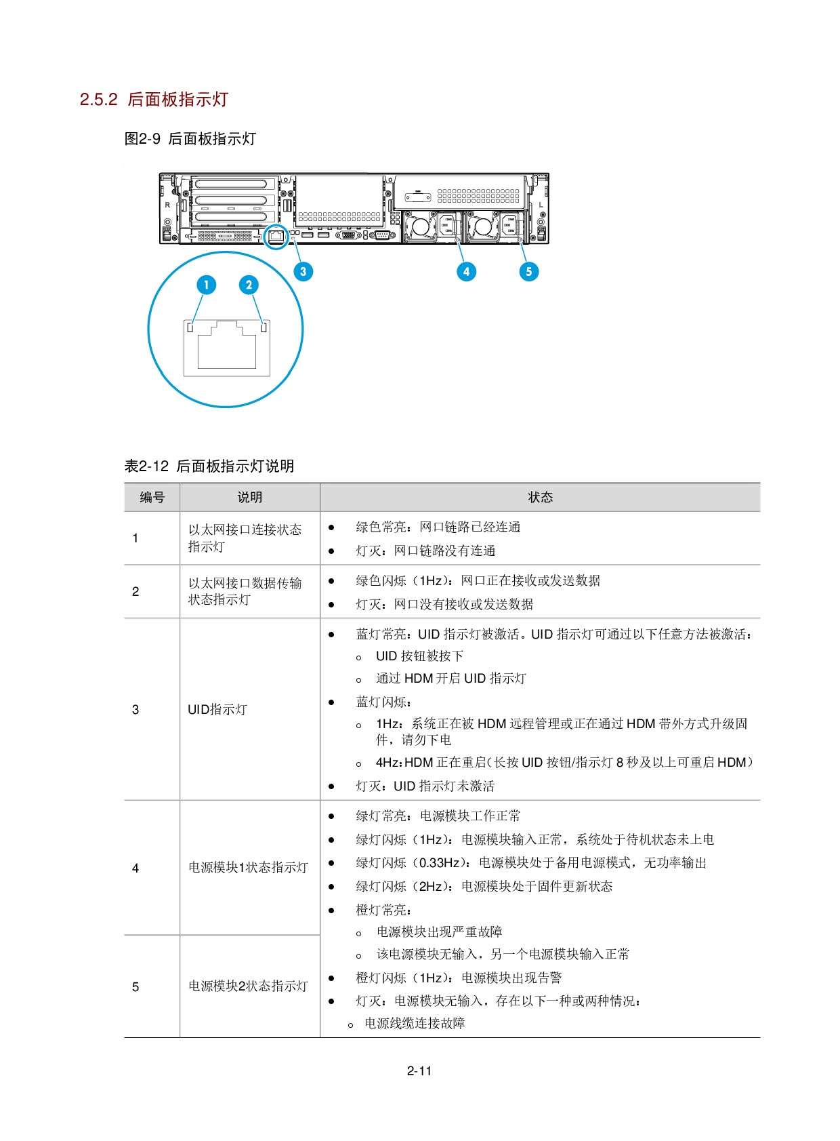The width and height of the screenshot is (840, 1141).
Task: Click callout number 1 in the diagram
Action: click(207, 285)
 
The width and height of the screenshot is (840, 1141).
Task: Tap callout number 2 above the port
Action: click(249, 285)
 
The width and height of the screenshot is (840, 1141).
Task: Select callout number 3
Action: click(303, 272)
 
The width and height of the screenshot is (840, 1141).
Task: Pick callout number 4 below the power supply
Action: click(466, 272)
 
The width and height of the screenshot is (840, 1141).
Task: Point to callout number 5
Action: click(529, 272)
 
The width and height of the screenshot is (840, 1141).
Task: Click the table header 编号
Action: click(152, 498)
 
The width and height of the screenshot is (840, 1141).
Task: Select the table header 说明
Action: click(250, 498)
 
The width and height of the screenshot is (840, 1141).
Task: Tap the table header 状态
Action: click(540, 498)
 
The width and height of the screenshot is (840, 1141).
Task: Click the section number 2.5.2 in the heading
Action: click(99, 100)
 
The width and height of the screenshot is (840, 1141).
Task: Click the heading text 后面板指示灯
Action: click(177, 100)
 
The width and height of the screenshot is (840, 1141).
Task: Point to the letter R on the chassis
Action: click(167, 205)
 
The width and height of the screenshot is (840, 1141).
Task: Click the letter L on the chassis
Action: click(541, 205)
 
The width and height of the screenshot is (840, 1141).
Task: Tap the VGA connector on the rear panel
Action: click(348, 235)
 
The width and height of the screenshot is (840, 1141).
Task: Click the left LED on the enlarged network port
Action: click(190, 328)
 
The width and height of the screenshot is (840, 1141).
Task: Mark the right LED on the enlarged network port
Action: click(264, 328)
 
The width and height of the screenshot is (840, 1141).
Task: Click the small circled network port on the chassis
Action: click(276, 237)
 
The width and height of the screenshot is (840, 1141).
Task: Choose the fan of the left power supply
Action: click(421, 226)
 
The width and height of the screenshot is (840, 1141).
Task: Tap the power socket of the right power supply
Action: click(509, 224)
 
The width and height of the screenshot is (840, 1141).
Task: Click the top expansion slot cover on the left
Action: click(233, 184)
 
